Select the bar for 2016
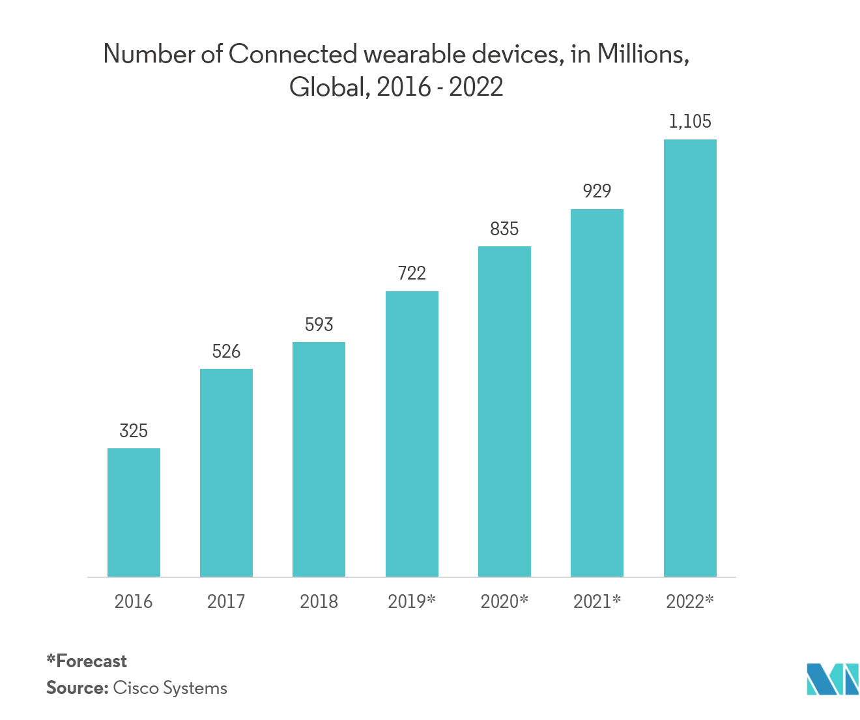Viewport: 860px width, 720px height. pyautogui.click(x=134, y=512)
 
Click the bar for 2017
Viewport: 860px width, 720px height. pyautogui.click(x=226, y=472)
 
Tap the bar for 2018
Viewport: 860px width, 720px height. pyautogui.click(x=319, y=459)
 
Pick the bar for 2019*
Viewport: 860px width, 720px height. pyautogui.click(x=412, y=434)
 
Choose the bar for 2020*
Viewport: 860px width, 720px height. pyautogui.click(x=504, y=411)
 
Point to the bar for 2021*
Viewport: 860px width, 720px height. pyautogui.click(x=597, y=393)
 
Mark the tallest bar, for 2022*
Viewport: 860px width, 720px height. pyautogui.click(x=690, y=358)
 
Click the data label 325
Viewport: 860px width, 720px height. pyautogui.click(x=134, y=431)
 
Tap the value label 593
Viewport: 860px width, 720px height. pyautogui.click(x=319, y=324)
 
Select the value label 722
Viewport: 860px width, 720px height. pyautogui.click(x=412, y=273)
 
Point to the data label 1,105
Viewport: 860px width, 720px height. pyautogui.click(x=690, y=121)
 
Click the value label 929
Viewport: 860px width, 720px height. pyautogui.click(x=597, y=191)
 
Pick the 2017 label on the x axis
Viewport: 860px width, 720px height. pyautogui.click(x=226, y=601)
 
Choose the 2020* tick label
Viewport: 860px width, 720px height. pyautogui.click(x=504, y=601)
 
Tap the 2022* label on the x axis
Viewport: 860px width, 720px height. pyautogui.click(x=690, y=601)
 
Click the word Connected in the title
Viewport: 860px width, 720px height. pyautogui.click(x=293, y=55)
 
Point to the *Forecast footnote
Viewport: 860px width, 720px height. pyautogui.click(x=87, y=661)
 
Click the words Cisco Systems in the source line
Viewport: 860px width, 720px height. pyautogui.click(x=170, y=688)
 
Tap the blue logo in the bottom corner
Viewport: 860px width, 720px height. pyautogui.click(x=831, y=679)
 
